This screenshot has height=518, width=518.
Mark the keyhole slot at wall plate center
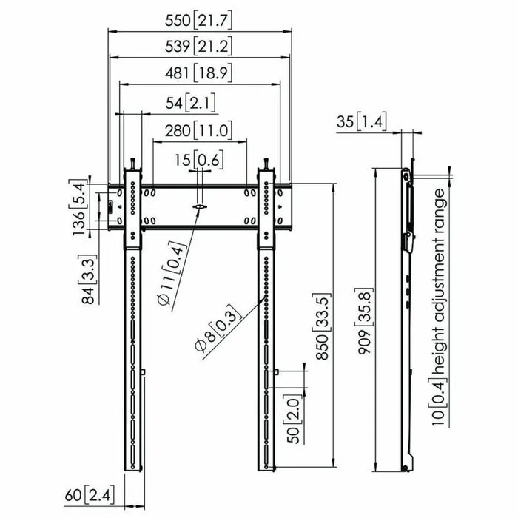coord(198,207)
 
